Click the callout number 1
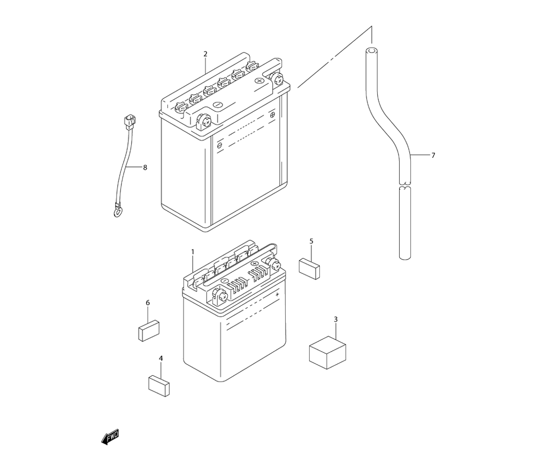coord(193,251)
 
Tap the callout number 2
coord(205,54)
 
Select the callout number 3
coord(335,320)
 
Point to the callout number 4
coord(160,358)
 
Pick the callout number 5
coord(311,241)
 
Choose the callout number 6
coord(148,303)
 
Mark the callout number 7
coord(433,156)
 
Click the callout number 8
coord(144,168)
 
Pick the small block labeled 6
coord(149,330)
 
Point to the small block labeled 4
coord(159,385)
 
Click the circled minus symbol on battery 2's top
coord(218,104)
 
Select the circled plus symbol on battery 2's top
coord(260,81)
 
